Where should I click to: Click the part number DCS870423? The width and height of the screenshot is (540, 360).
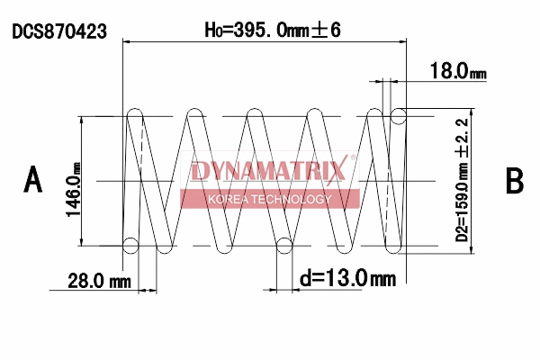pos(59,31)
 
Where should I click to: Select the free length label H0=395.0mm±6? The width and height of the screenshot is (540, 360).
pos(272,30)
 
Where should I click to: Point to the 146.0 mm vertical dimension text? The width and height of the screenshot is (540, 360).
pos(73,181)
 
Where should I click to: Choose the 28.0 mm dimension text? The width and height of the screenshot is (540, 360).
pos(99,281)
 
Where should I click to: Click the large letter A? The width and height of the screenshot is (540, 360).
pos(33,180)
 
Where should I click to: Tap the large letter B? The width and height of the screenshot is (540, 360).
pos(514,180)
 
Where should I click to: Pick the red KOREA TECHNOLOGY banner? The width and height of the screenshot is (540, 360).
pos(270,199)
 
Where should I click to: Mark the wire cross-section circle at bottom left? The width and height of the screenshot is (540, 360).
pos(130,245)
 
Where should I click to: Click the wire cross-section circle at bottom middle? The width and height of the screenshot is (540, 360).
pos(285,245)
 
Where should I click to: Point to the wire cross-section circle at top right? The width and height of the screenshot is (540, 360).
pos(399,116)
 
